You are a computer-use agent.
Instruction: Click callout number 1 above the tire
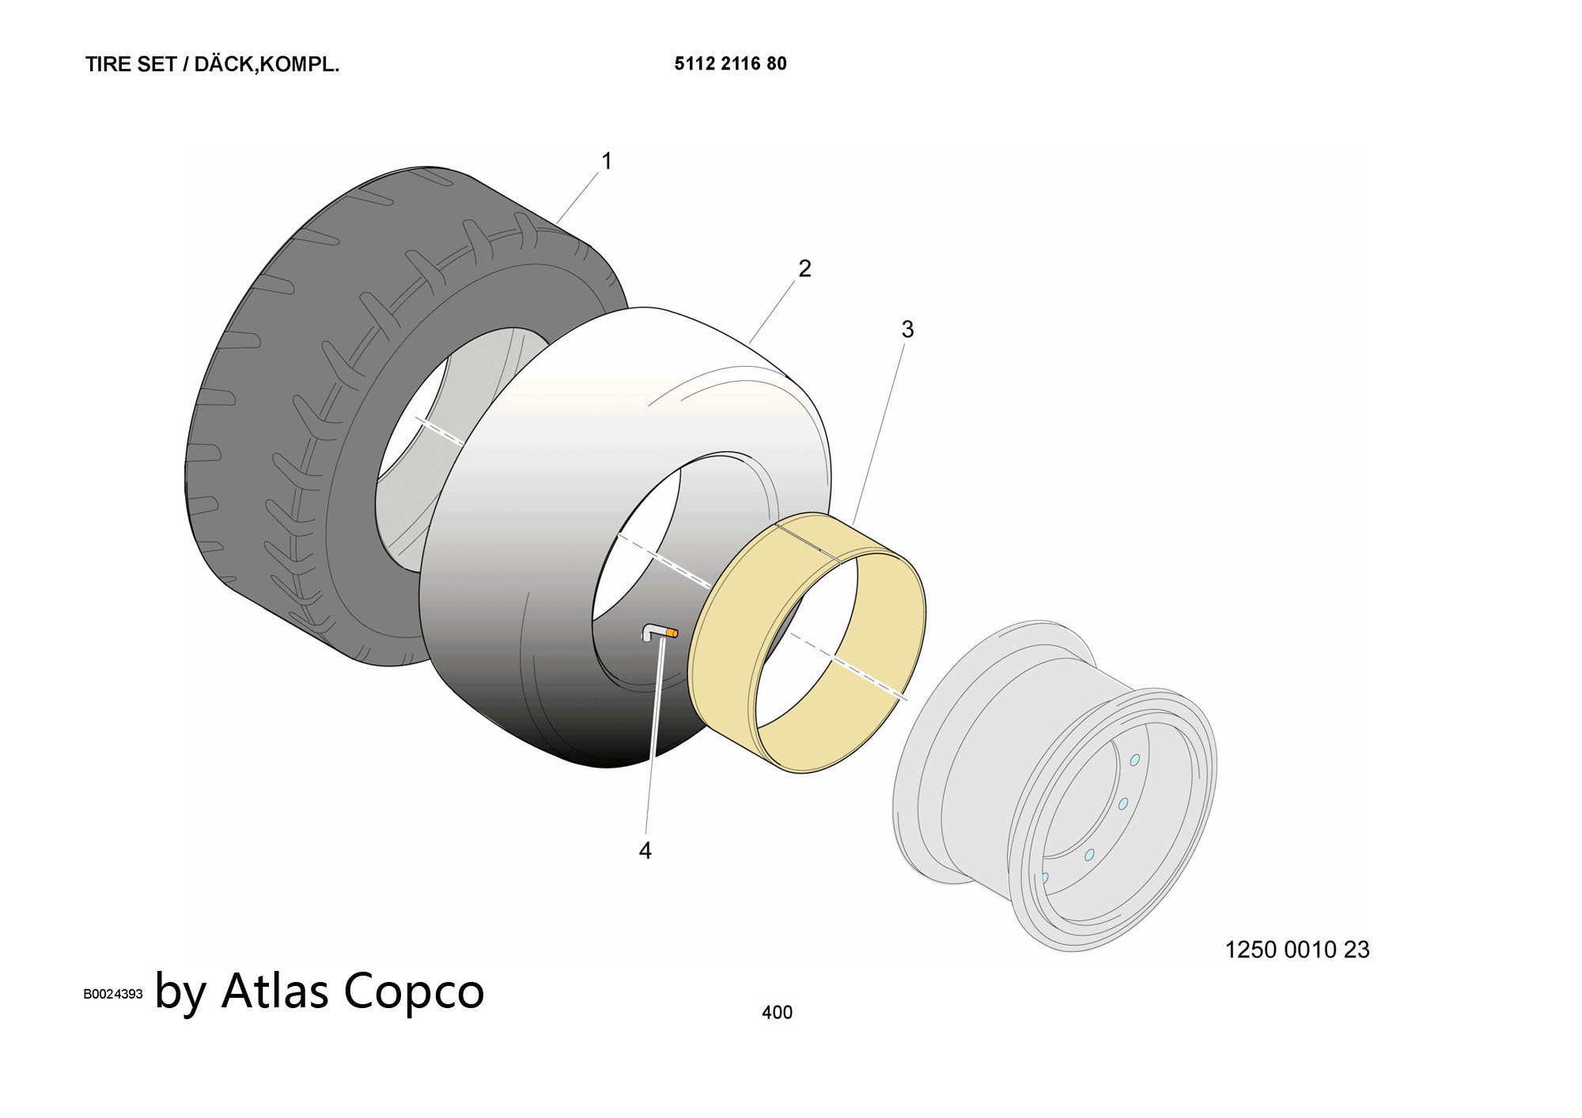(607, 161)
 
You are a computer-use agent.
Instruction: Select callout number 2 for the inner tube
(804, 269)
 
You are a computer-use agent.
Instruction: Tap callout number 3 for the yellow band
(907, 329)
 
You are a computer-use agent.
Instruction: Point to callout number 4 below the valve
(645, 851)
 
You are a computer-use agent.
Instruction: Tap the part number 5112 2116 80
(731, 64)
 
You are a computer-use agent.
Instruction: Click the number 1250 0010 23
(1297, 950)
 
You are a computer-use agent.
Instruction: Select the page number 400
(777, 1012)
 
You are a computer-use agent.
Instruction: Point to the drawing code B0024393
(113, 995)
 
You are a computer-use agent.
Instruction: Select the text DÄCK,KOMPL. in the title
(267, 65)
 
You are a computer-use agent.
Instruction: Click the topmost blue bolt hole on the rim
(1134, 760)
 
